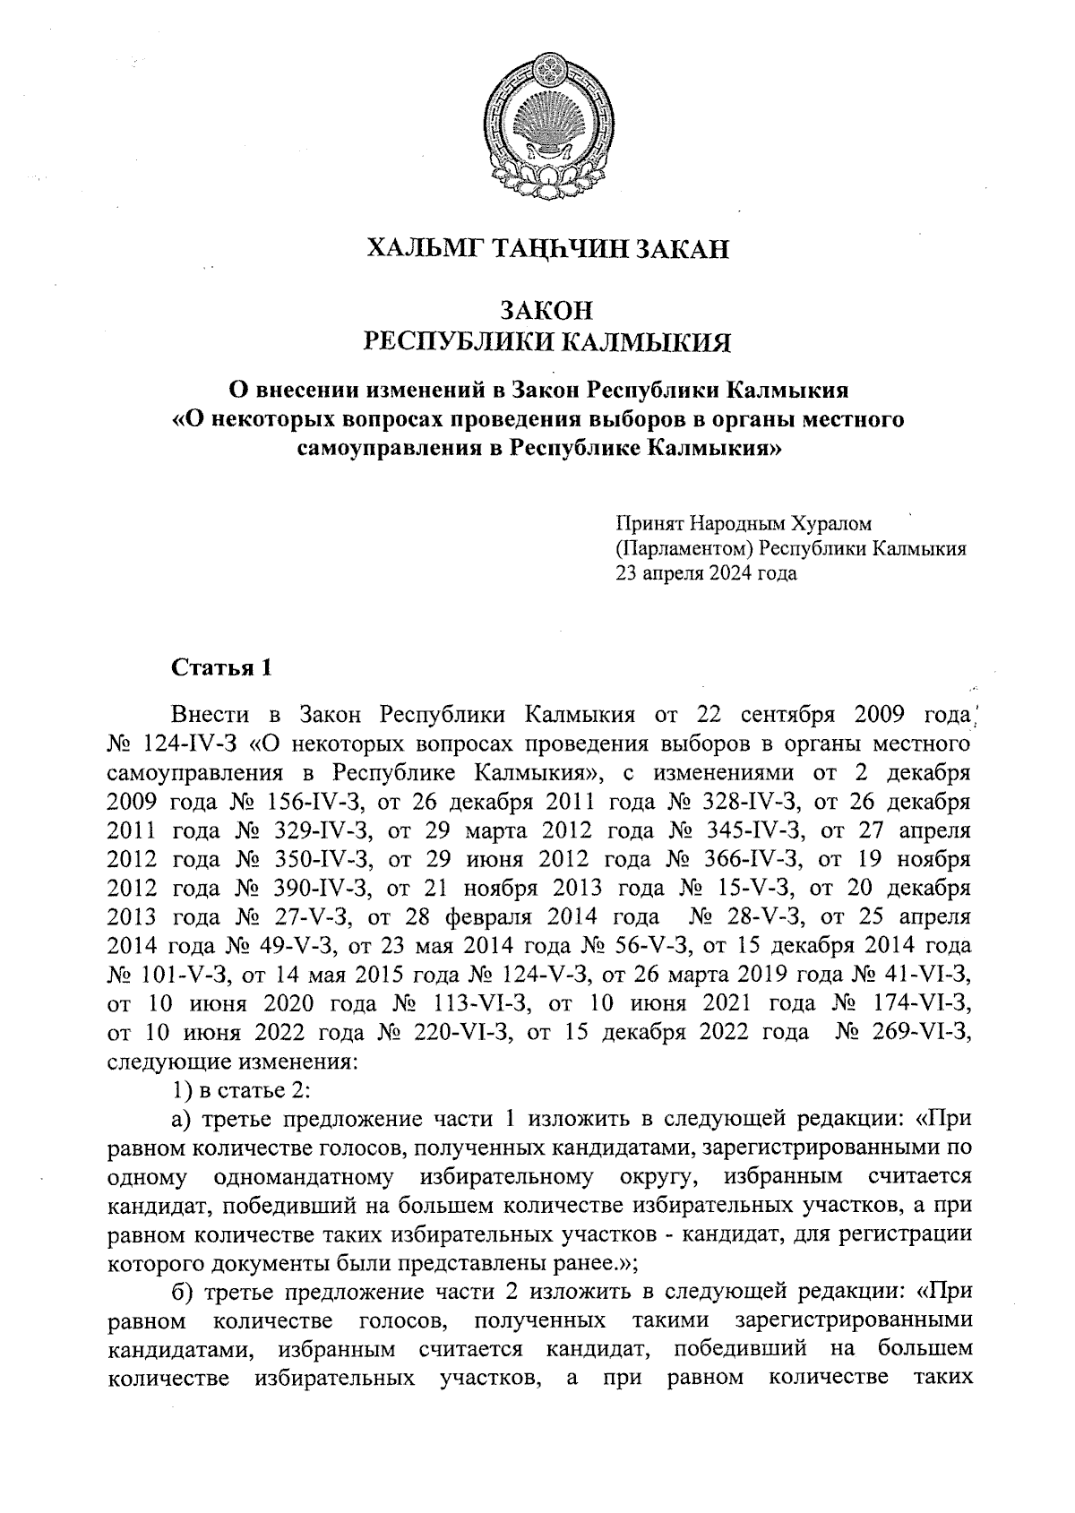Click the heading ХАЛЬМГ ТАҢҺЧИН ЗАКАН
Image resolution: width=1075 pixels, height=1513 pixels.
point(548,248)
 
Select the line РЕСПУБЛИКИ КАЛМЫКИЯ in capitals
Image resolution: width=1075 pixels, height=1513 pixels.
point(547,342)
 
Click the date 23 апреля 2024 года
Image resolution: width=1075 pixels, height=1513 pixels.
point(706,573)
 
